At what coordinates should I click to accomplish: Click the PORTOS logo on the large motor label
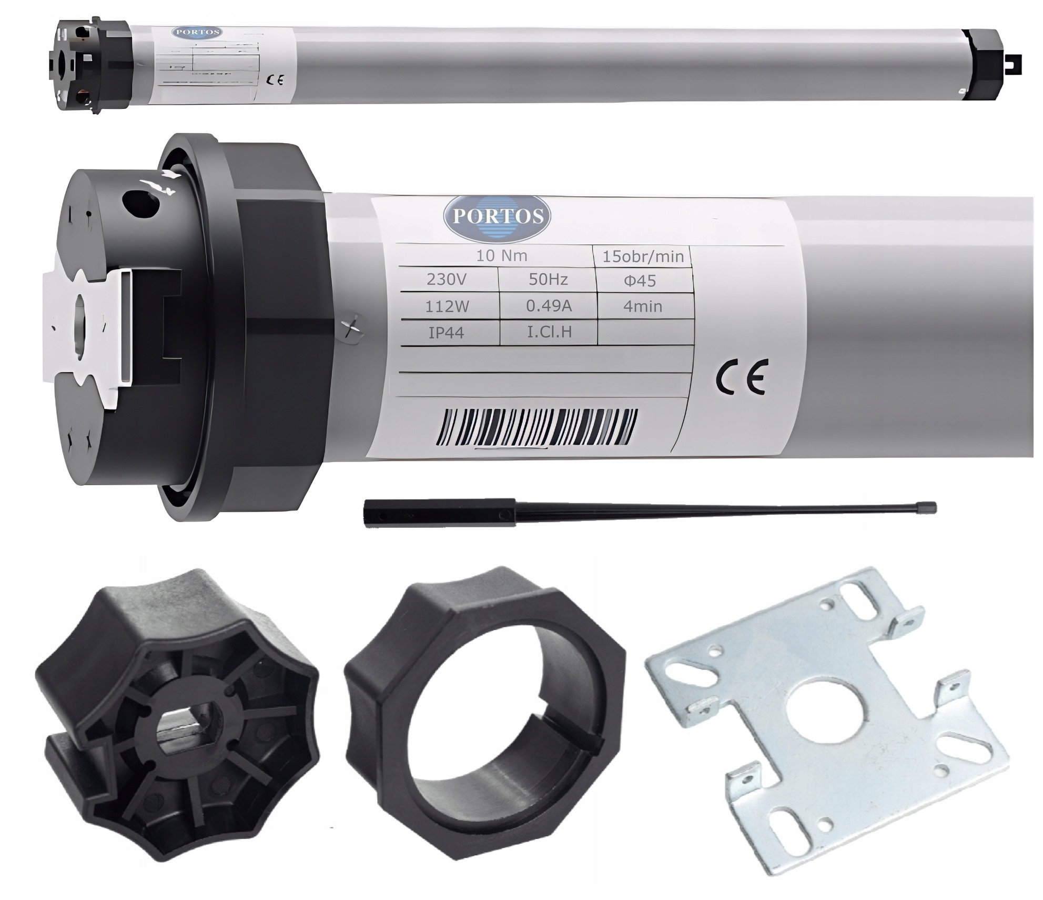[x=496, y=217]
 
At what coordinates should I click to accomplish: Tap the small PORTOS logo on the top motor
[x=197, y=32]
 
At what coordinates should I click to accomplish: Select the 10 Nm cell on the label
[x=501, y=256]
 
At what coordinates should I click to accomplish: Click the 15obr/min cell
[x=643, y=257]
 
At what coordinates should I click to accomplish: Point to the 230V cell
[x=446, y=279]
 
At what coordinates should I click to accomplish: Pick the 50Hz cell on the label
[x=548, y=279]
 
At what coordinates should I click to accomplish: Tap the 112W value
[x=447, y=306]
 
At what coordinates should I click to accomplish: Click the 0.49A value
[x=549, y=306]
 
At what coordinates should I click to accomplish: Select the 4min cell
[x=642, y=306]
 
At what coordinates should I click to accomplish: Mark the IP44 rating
[x=446, y=333]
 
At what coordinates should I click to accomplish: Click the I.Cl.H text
[x=549, y=332]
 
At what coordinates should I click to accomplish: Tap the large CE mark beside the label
[x=742, y=377]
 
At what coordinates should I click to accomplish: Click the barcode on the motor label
[x=538, y=427]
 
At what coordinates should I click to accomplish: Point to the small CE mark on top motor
[x=275, y=80]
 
